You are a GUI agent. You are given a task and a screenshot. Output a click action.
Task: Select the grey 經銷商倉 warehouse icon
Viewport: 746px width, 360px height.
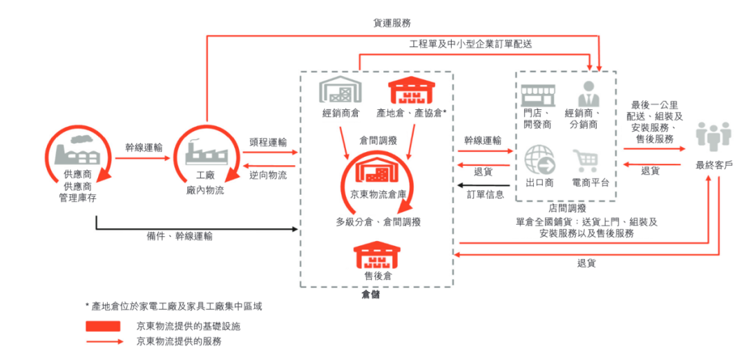340,91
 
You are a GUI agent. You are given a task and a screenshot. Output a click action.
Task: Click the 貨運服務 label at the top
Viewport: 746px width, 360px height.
393,23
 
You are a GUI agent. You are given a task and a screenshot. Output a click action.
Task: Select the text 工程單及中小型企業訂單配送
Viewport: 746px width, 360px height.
470,44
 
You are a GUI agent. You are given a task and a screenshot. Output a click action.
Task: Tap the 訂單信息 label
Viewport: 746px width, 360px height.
486,194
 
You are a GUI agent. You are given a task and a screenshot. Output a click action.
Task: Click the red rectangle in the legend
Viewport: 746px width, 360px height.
104,325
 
